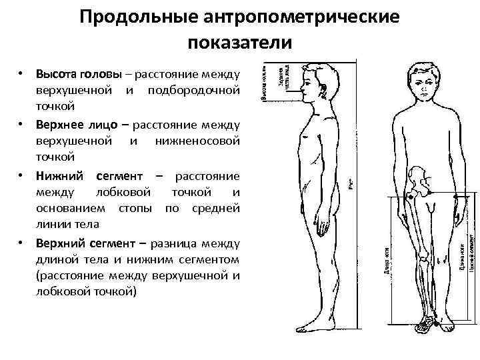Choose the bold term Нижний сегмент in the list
[89, 175]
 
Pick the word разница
[181, 242]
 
